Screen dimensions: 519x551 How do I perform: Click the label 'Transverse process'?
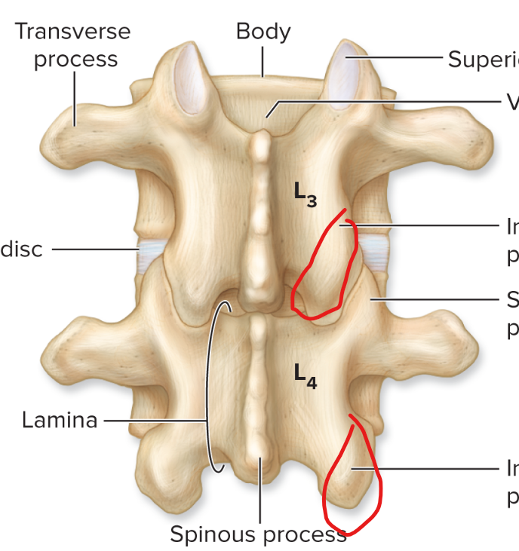[x=73, y=45]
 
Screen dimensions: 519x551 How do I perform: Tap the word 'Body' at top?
[x=263, y=32]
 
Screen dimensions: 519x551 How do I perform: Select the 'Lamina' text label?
[x=60, y=420]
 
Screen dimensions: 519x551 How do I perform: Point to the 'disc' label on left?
[x=21, y=249]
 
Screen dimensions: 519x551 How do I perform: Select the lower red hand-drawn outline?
[x=376, y=482]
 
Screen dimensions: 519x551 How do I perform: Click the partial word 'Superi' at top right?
[x=483, y=59]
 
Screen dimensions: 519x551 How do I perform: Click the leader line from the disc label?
[x=94, y=248]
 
